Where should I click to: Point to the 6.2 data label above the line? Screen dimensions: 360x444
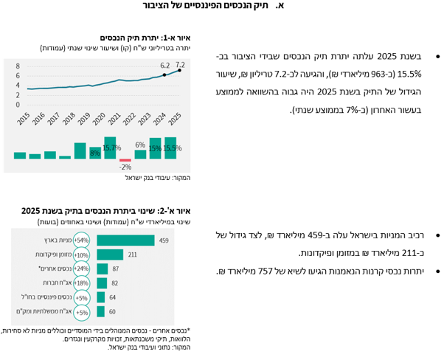(164, 66)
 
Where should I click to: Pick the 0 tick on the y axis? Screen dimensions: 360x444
(18, 105)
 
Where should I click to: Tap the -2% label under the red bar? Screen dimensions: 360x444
(125, 167)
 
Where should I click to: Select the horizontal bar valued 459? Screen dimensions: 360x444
(125, 240)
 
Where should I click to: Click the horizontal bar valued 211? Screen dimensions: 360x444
(110, 255)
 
